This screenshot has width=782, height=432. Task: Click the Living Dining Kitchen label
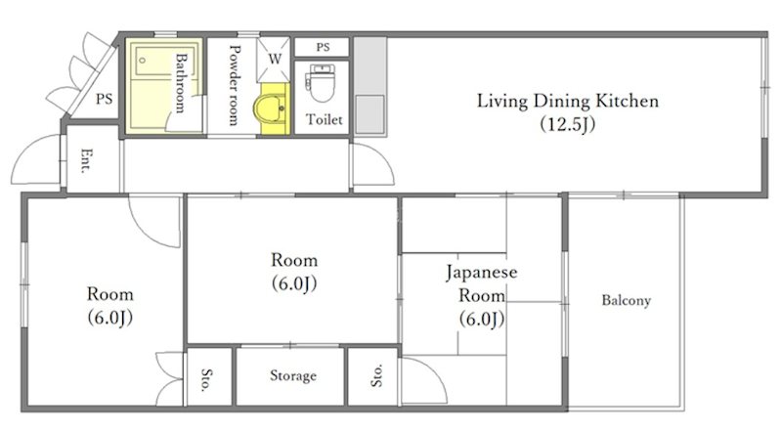click(568, 102)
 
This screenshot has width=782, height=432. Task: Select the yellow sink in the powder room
click(272, 109)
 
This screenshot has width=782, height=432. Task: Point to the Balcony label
click(626, 300)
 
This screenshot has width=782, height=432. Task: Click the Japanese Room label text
click(481, 283)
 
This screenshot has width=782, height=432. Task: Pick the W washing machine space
click(274, 59)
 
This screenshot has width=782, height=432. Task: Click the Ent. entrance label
click(86, 160)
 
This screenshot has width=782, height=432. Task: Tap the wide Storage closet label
click(293, 375)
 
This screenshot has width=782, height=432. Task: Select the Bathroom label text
click(180, 83)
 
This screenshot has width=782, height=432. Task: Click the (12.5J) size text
click(568, 124)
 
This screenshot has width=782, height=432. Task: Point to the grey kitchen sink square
click(369, 114)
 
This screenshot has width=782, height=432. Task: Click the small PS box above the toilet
click(322, 47)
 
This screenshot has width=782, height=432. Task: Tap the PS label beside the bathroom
click(105, 99)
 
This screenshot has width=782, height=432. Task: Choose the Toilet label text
click(325, 119)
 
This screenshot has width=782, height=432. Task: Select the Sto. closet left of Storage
click(209, 377)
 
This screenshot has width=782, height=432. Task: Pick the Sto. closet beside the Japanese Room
click(372, 377)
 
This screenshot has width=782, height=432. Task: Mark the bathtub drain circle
click(142, 61)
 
